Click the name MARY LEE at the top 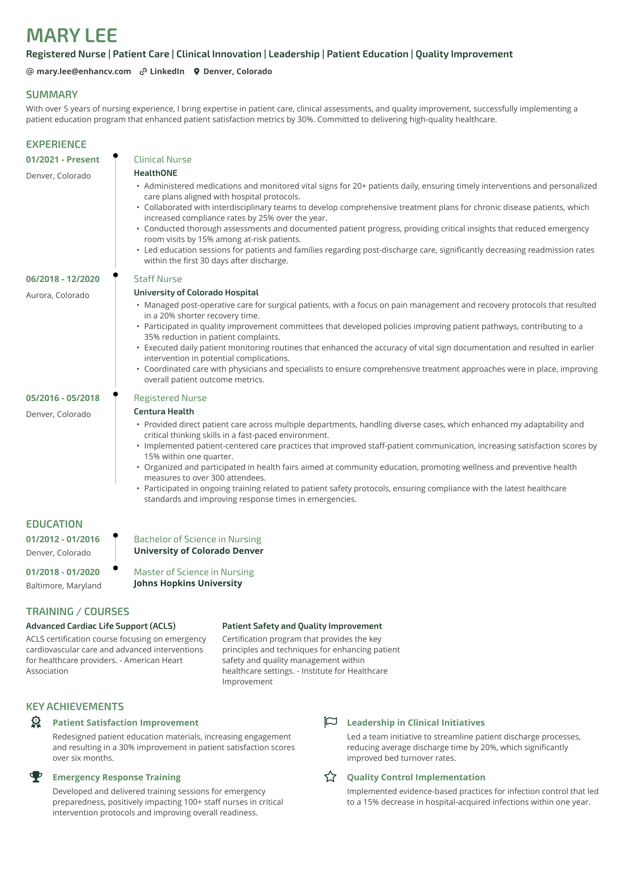tap(71, 36)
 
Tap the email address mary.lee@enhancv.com tap(83, 72)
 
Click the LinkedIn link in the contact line tap(167, 72)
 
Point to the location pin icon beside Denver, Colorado tap(197, 72)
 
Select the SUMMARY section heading tap(52, 95)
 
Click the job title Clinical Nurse tap(162, 159)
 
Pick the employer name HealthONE tap(155, 173)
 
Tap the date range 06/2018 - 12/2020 tap(63, 279)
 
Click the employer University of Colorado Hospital tap(196, 292)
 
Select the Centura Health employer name tap(164, 411)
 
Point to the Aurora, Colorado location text tap(58, 295)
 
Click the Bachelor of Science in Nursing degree tap(197, 539)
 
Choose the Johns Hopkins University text tap(188, 583)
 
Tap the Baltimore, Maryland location tap(63, 585)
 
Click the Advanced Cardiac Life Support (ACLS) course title tap(101, 626)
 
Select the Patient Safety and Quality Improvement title tap(302, 626)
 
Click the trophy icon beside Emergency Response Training tap(36, 777)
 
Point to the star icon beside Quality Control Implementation tap(330, 777)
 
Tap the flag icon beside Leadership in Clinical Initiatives tap(331, 722)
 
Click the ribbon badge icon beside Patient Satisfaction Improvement tap(36, 722)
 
